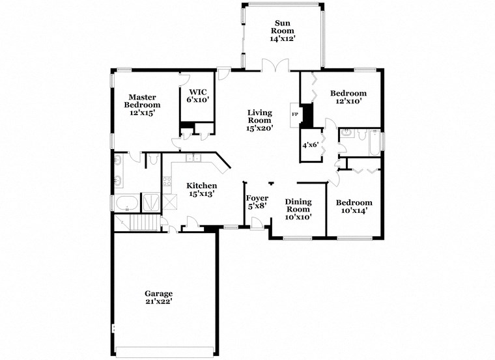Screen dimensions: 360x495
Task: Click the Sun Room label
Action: (283, 31)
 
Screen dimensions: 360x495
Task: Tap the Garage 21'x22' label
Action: (158, 297)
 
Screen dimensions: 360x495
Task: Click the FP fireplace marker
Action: (295, 115)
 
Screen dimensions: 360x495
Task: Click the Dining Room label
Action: (298, 209)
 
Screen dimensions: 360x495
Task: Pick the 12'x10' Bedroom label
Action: (348, 97)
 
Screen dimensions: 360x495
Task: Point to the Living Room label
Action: (259, 120)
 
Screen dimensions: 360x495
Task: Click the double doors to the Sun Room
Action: (274, 66)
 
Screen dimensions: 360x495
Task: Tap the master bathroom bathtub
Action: (126, 203)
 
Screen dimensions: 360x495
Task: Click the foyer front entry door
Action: (258, 224)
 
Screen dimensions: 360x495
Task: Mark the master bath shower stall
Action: (151, 201)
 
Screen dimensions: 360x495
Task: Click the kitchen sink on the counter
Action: (193, 158)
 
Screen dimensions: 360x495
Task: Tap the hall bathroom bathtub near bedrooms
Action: (373, 143)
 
